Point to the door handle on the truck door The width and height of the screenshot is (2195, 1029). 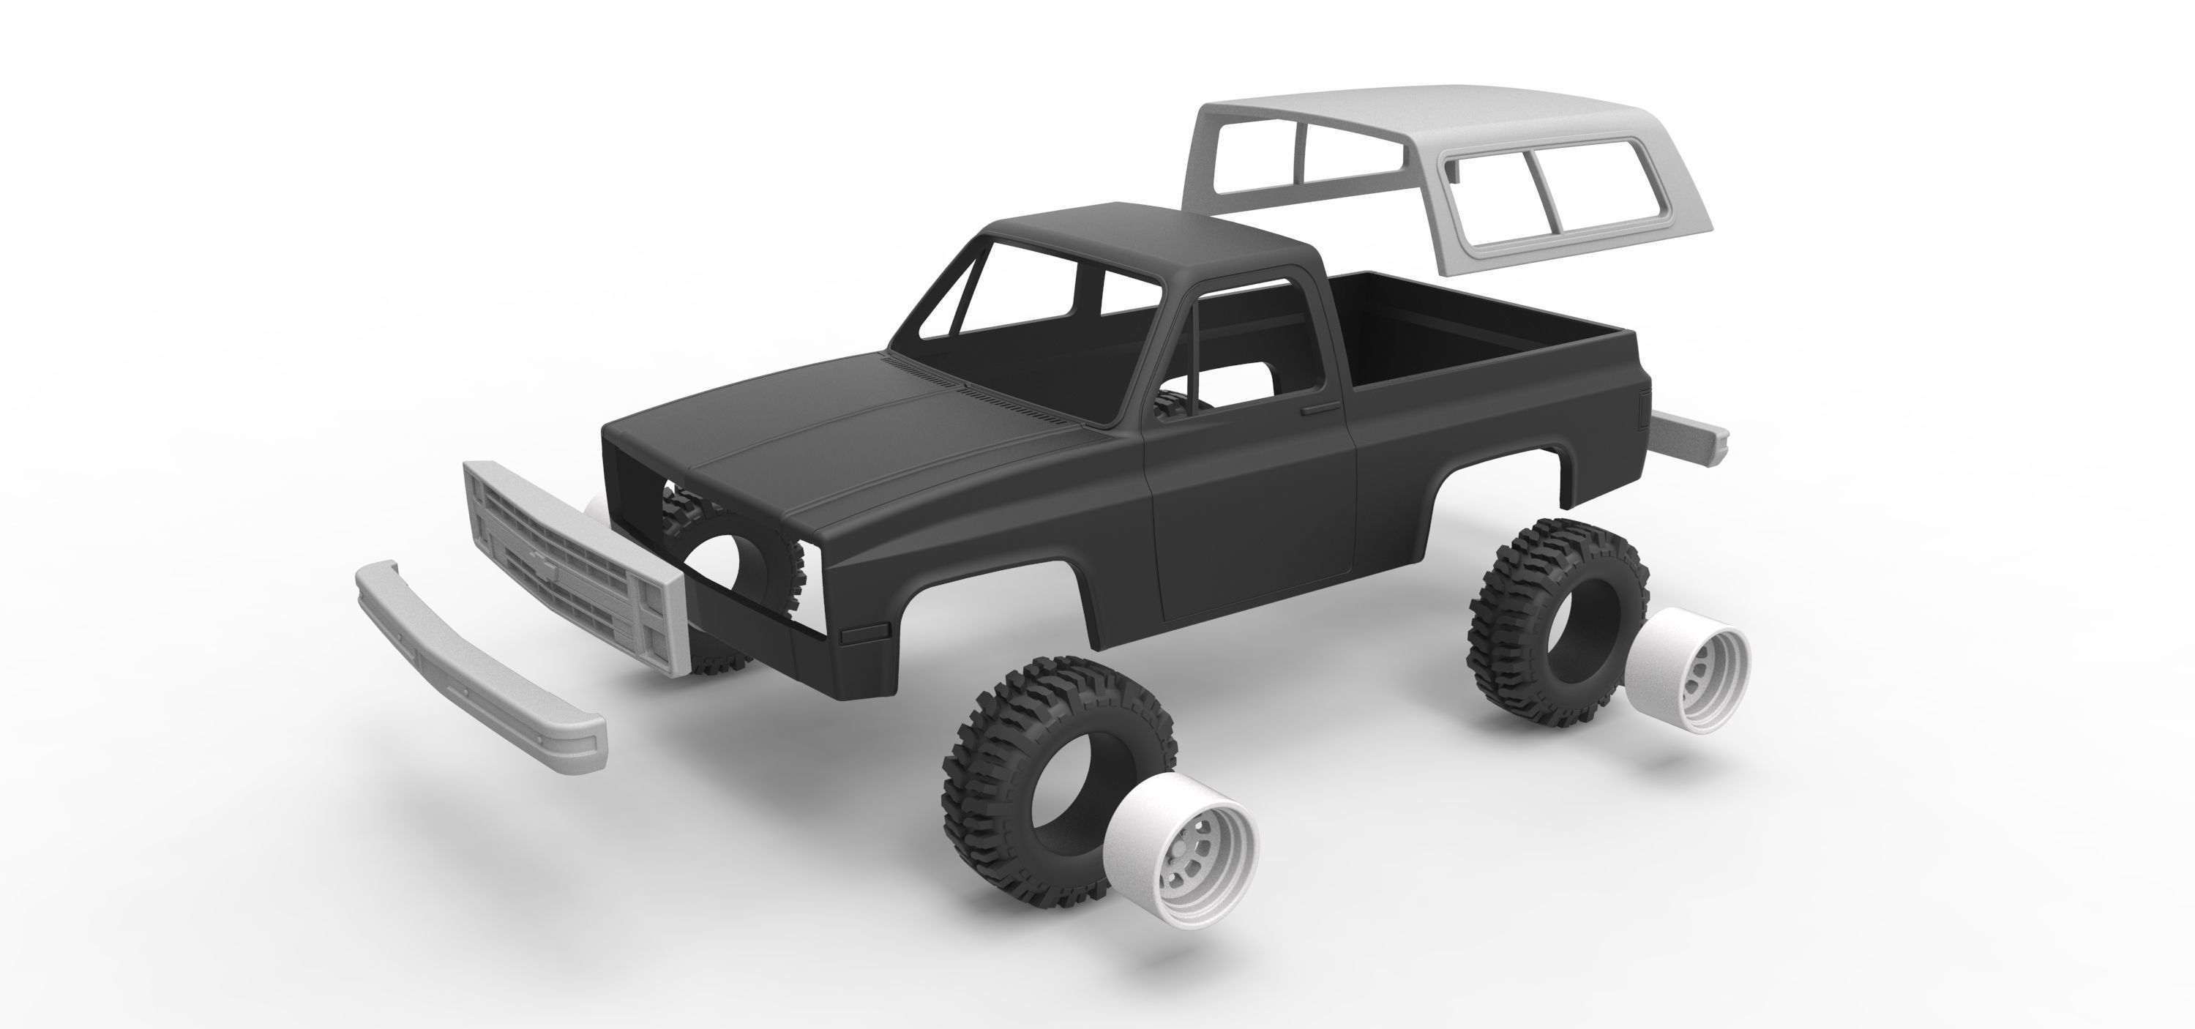click(x=1319, y=411)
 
